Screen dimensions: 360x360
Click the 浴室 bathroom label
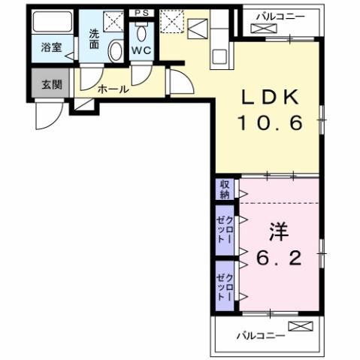click(x=50, y=56)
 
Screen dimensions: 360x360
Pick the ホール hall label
click(x=113, y=89)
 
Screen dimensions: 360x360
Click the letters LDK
click(x=271, y=97)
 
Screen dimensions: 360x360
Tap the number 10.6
click(x=271, y=122)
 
